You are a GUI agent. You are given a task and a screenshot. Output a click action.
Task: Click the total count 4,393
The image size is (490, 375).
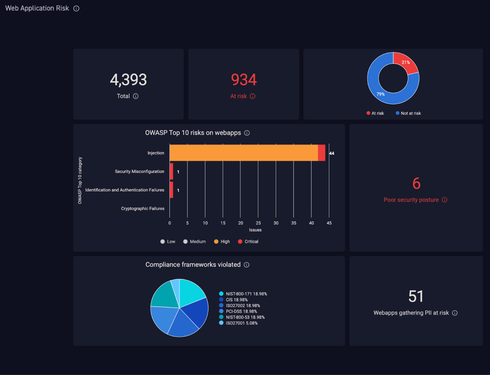click(x=128, y=80)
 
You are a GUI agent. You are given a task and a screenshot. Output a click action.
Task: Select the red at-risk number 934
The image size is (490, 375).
click(x=243, y=80)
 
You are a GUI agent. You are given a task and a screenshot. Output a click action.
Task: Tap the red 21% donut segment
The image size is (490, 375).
click(x=406, y=63)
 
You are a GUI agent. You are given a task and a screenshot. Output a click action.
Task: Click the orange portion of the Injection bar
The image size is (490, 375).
click(x=243, y=153)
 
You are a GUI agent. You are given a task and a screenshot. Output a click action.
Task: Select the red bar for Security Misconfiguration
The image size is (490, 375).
click(x=171, y=172)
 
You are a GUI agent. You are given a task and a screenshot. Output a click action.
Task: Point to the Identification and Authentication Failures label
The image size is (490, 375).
click(x=124, y=190)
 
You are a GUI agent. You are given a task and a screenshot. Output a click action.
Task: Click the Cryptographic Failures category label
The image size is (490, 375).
click(x=142, y=209)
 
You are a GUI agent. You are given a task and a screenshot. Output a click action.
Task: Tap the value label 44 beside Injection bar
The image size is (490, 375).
click(x=332, y=153)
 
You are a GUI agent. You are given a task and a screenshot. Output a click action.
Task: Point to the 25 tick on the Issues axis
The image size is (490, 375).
click(x=258, y=223)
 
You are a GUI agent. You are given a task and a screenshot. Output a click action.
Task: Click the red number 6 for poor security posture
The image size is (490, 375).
click(x=416, y=184)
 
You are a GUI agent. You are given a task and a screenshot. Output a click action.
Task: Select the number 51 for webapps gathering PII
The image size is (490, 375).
click(x=416, y=296)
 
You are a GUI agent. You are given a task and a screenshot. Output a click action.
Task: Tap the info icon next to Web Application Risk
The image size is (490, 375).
click(x=77, y=8)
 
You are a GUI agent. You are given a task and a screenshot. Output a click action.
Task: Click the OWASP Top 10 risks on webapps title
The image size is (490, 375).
click(x=193, y=133)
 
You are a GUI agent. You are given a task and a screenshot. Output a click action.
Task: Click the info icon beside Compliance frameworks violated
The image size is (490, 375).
click(x=247, y=265)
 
